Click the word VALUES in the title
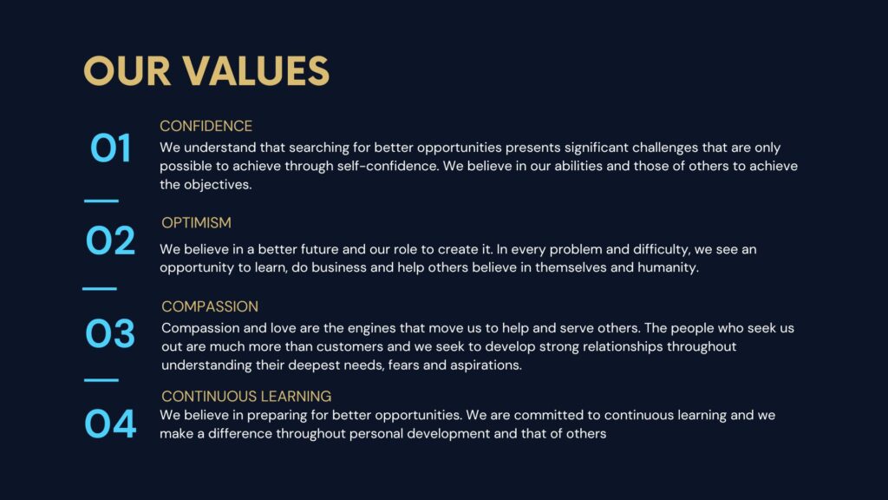(255, 71)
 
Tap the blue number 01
(110, 148)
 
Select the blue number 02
(110, 240)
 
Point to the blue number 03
(110, 332)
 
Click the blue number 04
(110, 424)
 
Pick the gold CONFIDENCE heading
(206, 126)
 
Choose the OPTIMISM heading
(196, 223)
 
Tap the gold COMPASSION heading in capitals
(210, 306)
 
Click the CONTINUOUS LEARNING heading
(246, 396)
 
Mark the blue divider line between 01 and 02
(101, 201)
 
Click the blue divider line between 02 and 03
(100, 288)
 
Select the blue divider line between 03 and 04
(101, 380)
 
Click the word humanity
(669, 267)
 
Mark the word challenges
(665, 148)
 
